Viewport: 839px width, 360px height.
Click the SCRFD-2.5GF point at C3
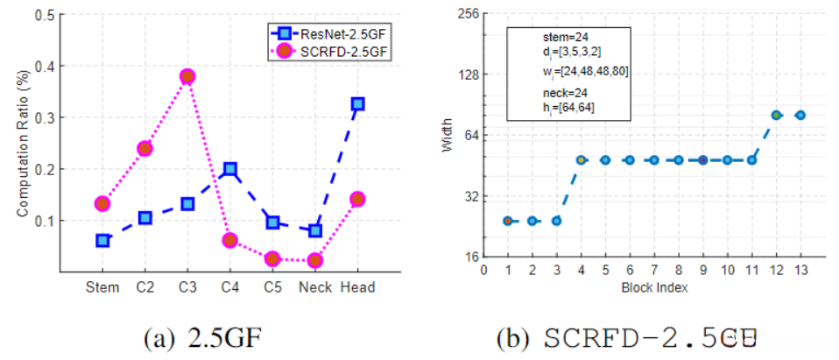click(x=187, y=76)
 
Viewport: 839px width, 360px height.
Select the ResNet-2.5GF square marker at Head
click(x=357, y=103)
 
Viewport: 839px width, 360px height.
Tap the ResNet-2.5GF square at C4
click(x=229, y=168)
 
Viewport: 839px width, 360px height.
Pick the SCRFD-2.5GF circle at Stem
click(x=102, y=204)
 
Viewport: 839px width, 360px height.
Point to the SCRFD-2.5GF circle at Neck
click(x=315, y=260)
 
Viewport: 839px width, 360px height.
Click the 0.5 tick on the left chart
click(x=40, y=15)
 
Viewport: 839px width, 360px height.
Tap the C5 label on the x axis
click(x=272, y=287)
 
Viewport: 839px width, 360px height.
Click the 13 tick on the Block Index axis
click(x=800, y=272)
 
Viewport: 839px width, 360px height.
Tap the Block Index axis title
click(x=654, y=286)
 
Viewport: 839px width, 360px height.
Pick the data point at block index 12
click(x=776, y=115)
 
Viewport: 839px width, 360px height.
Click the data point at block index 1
click(x=508, y=221)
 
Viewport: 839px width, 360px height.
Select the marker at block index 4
click(x=581, y=160)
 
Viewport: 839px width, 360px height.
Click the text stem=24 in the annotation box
click(x=557, y=38)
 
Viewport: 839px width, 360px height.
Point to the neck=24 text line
click(x=557, y=91)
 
